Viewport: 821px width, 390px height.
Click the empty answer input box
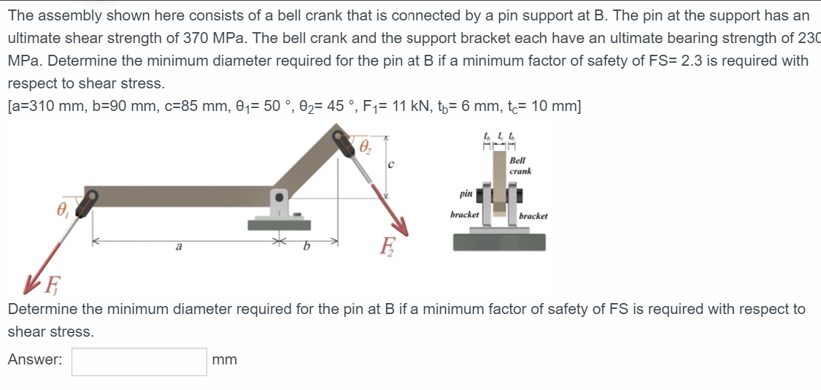139,362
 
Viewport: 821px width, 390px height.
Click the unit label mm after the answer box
224,360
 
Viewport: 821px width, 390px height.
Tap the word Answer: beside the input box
34,360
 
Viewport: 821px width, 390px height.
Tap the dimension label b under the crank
306,249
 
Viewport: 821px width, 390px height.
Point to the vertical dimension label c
390,165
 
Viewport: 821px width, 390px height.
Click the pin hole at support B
278,197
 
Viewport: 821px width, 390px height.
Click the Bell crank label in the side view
519,165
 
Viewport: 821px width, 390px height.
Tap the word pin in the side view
466,194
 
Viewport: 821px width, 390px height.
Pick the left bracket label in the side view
464,215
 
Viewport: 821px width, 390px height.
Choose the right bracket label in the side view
533,216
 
